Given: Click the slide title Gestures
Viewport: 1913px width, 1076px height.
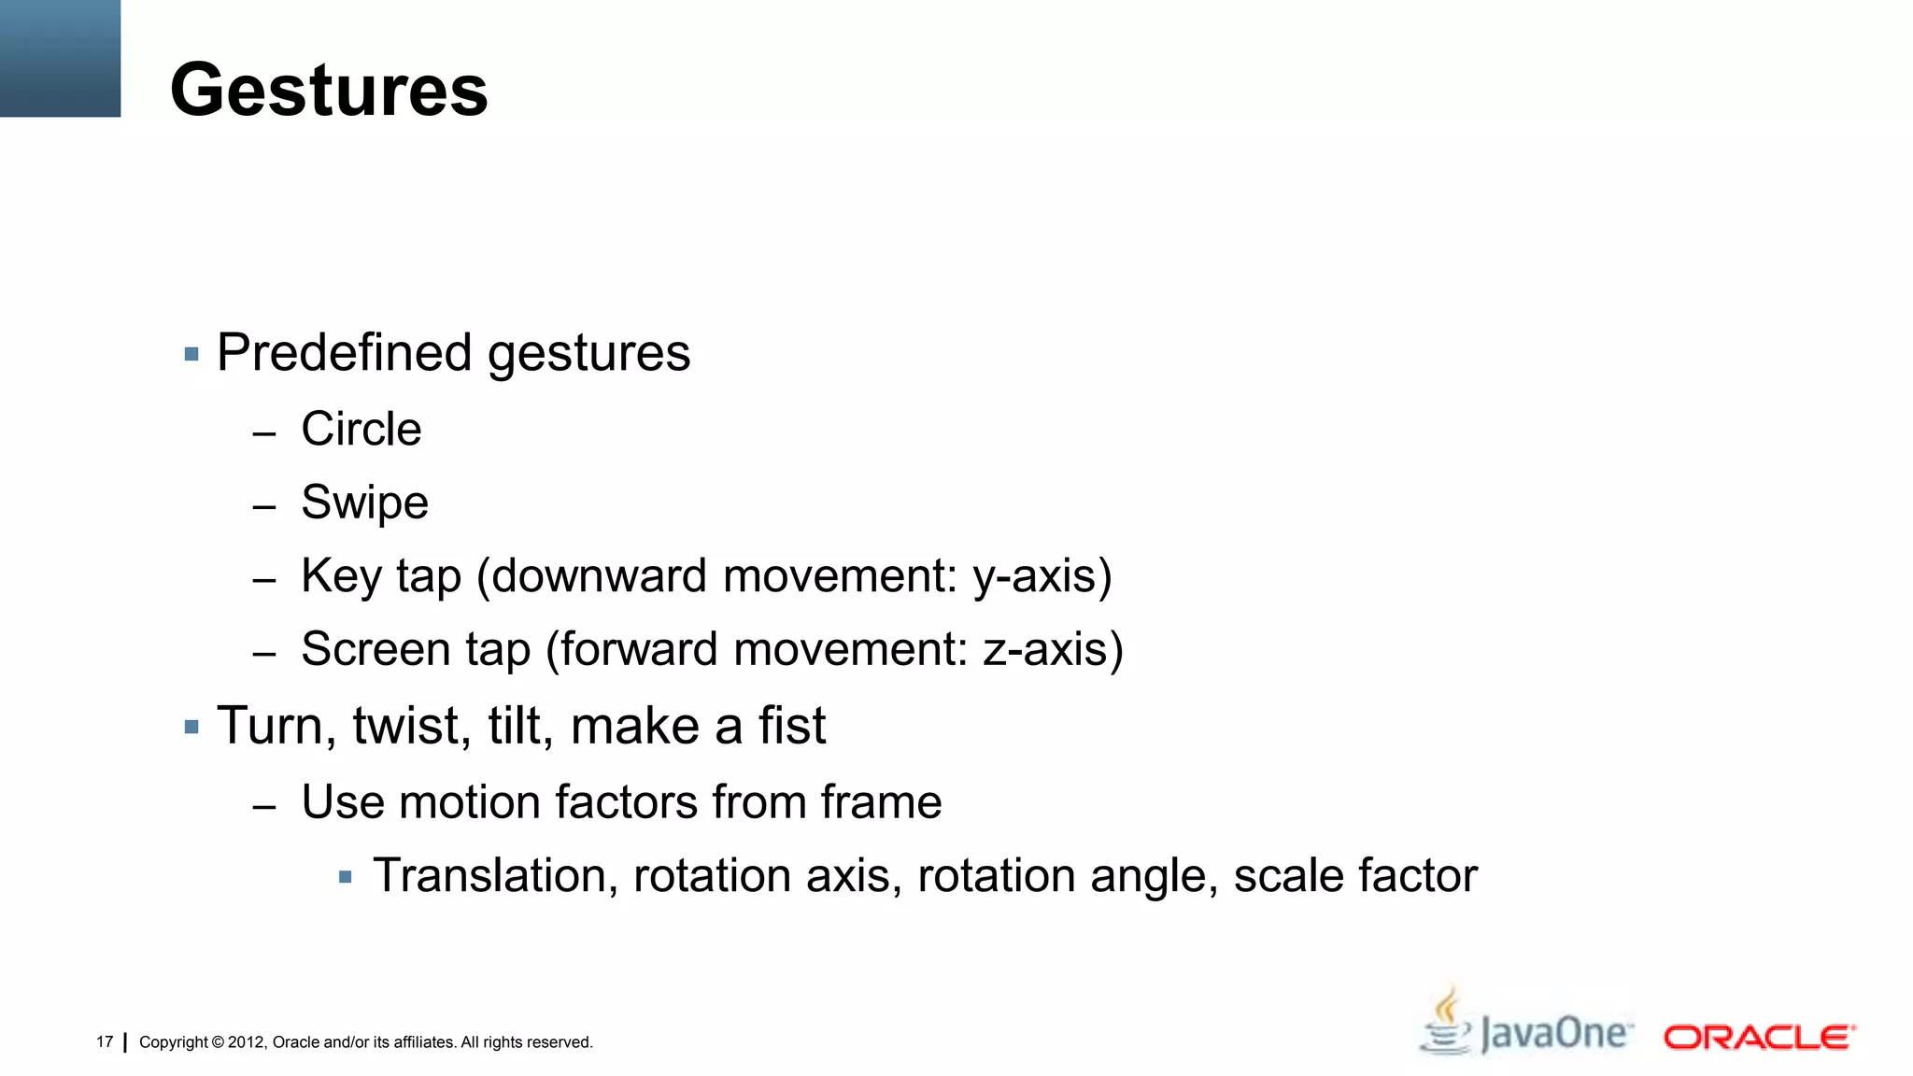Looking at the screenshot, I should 329,91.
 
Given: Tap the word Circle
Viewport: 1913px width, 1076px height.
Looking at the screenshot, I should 361,430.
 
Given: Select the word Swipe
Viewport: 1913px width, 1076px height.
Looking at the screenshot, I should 364,503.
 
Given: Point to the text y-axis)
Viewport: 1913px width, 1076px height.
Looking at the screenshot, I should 1042,576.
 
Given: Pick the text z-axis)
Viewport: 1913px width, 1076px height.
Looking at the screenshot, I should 1053,649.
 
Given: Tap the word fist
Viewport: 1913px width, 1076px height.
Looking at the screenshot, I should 792,726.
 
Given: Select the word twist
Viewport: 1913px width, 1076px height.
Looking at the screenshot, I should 411,726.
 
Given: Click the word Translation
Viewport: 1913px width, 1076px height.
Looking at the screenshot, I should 495,876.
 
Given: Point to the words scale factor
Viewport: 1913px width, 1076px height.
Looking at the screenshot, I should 1355,876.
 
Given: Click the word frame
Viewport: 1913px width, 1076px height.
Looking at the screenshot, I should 881,802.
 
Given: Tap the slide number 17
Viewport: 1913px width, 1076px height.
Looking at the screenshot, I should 105,1041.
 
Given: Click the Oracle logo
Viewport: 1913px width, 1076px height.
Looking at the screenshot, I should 1759,1038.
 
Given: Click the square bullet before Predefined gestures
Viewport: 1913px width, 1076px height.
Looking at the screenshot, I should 191,355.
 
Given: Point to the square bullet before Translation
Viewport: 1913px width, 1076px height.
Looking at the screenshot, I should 346,877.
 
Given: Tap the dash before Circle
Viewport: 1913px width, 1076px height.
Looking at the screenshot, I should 264,433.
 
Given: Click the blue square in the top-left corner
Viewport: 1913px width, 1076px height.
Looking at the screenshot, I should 60,58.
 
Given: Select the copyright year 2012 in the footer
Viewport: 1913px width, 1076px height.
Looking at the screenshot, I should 247,1042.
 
